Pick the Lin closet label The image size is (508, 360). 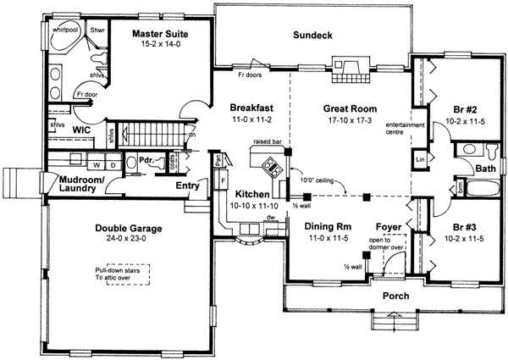tap(420, 158)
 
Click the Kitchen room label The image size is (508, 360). tap(248, 194)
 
